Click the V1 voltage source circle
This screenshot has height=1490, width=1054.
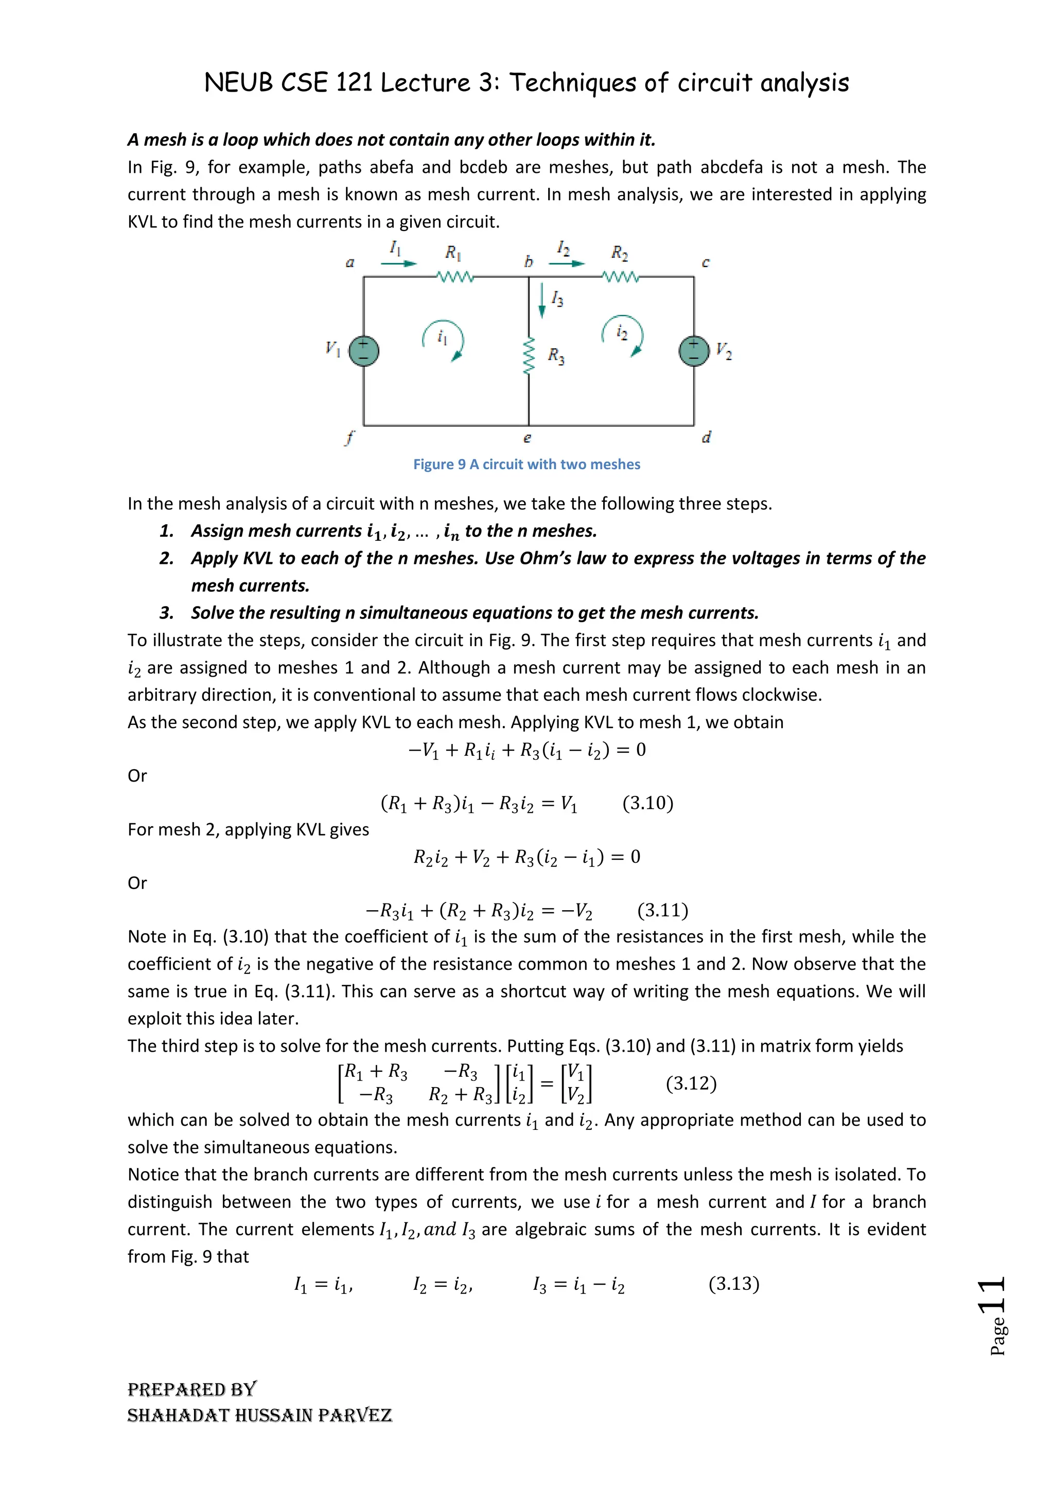(x=363, y=351)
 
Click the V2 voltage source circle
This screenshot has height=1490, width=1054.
(x=694, y=351)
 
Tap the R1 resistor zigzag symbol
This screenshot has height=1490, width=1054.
(x=455, y=277)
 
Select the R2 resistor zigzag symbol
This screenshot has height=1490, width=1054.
(x=621, y=277)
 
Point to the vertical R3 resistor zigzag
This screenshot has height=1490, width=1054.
(x=529, y=356)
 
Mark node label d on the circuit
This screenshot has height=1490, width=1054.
(x=706, y=437)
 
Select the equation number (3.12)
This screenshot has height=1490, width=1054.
(x=691, y=1083)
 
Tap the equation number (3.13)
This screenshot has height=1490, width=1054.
(x=733, y=1284)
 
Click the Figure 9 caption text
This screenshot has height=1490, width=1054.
(x=526, y=465)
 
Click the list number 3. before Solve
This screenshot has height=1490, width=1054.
(x=167, y=613)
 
